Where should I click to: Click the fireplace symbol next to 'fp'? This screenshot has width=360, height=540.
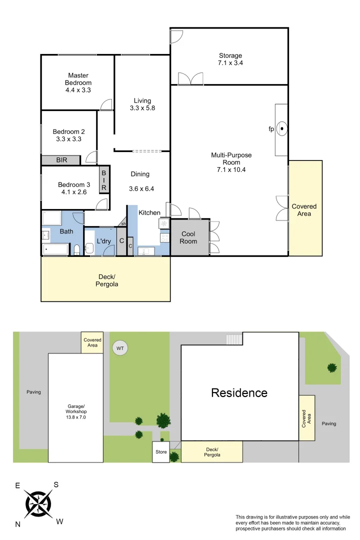tap(282, 129)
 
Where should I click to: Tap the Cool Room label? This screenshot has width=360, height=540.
tap(188, 237)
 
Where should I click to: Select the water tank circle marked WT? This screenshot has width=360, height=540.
tap(119, 347)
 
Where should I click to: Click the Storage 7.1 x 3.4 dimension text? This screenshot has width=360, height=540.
tap(230, 63)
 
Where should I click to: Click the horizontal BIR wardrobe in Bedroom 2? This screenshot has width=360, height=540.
tap(60, 160)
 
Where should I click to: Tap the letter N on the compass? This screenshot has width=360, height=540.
tap(18, 524)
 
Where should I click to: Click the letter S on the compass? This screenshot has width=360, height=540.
tap(56, 484)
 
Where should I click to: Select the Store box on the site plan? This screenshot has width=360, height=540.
tap(161, 452)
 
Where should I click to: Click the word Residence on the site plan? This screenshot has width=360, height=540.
tap(239, 393)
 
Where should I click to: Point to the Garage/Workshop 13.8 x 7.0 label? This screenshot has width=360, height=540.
tap(75, 411)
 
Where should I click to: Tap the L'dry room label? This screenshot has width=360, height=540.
tap(103, 241)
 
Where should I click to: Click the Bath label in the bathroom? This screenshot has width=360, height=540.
tap(66, 231)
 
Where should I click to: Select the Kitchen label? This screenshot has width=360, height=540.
tap(149, 212)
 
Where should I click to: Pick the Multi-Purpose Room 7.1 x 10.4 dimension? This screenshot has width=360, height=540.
tap(231, 169)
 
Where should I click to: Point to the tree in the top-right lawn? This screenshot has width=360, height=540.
tap(332, 368)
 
